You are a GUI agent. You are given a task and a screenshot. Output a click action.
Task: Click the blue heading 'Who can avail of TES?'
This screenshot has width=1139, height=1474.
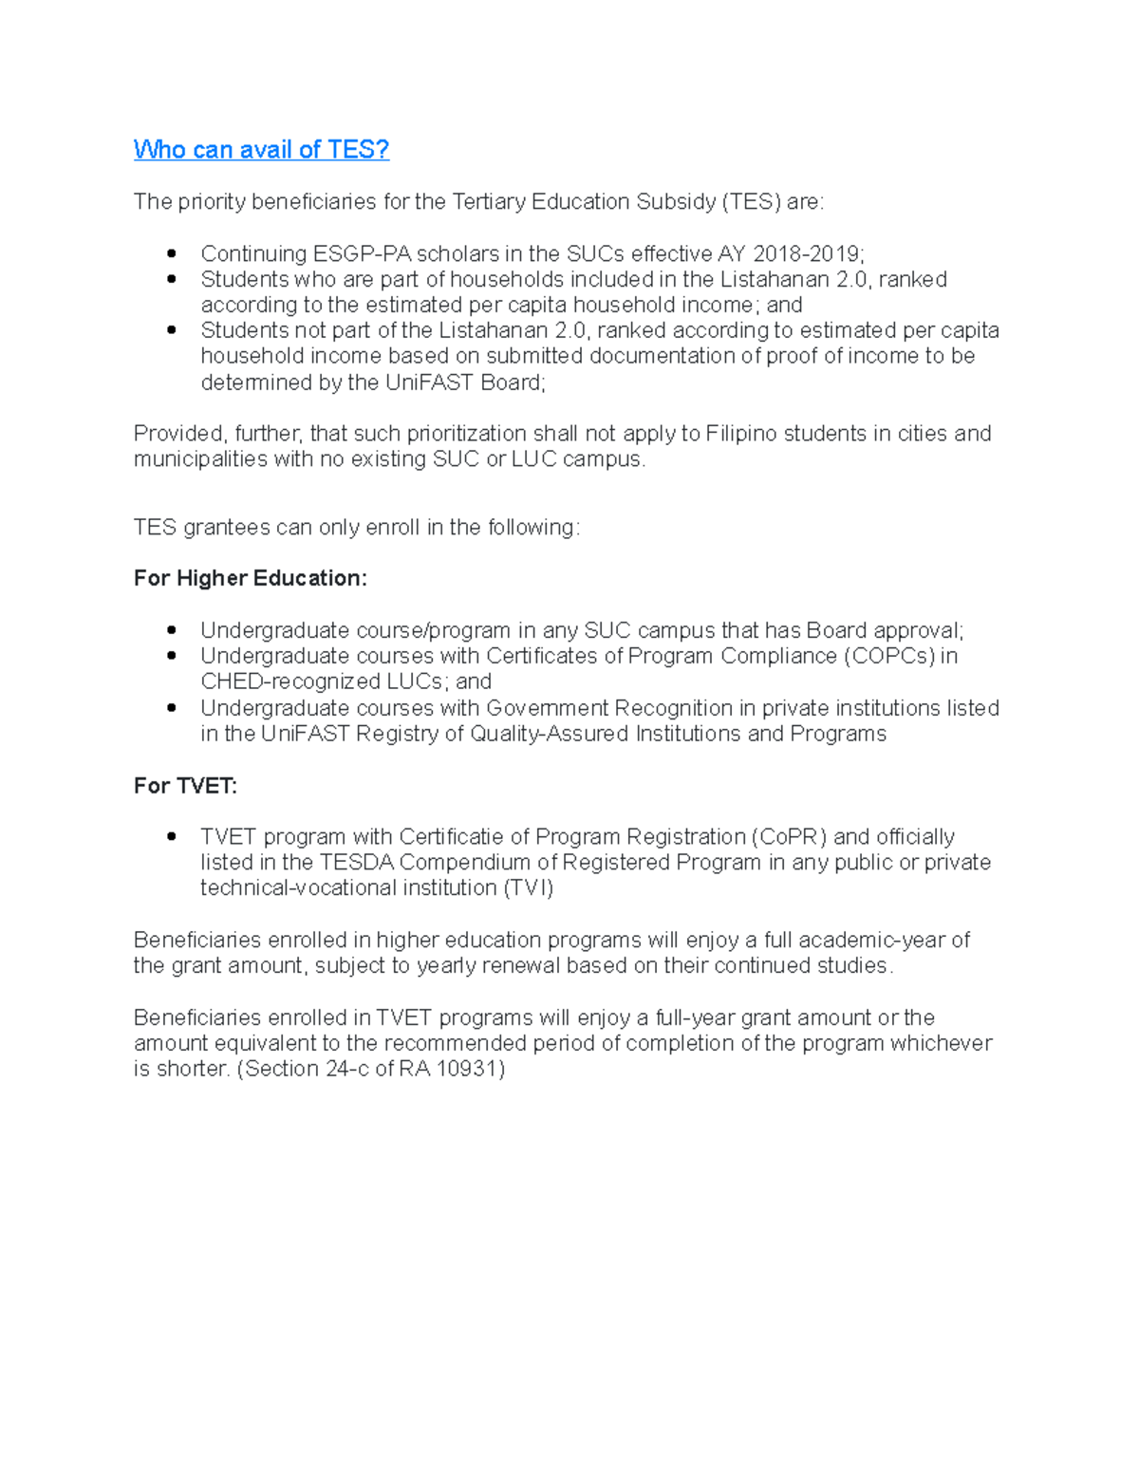click(x=261, y=150)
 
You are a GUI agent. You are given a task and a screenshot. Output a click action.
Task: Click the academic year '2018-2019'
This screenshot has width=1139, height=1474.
click(x=806, y=253)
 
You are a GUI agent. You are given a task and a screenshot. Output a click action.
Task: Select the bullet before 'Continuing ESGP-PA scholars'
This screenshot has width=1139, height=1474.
click(x=172, y=253)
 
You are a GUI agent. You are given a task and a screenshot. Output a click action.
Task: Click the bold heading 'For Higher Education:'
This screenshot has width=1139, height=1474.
click(x=250, y=578)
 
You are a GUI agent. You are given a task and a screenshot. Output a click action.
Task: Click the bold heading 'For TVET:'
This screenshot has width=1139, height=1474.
click(x=185, y=785)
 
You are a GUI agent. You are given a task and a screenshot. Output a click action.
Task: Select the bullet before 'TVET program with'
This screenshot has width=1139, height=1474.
click(x=172, y=836)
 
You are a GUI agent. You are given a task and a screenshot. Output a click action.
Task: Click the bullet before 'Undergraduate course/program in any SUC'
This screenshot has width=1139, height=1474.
click(x=172, y=630)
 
